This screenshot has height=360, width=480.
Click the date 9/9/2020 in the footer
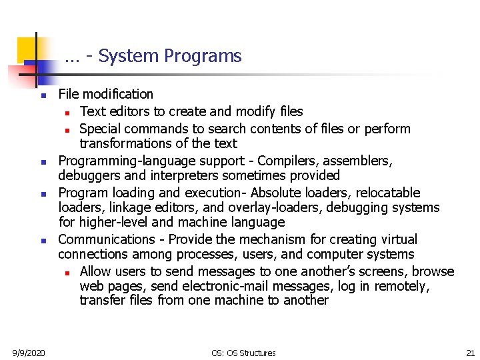point(29,353)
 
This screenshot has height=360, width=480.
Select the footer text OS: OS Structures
point(243,353)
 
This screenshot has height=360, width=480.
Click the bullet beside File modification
point(43,96)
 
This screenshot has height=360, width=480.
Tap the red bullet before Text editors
point(67,112)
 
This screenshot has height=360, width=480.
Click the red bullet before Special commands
point(67,129)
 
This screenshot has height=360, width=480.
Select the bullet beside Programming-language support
point(43,162)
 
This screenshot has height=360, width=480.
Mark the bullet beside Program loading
point(43,194)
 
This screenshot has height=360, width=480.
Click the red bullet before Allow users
point(67,273)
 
